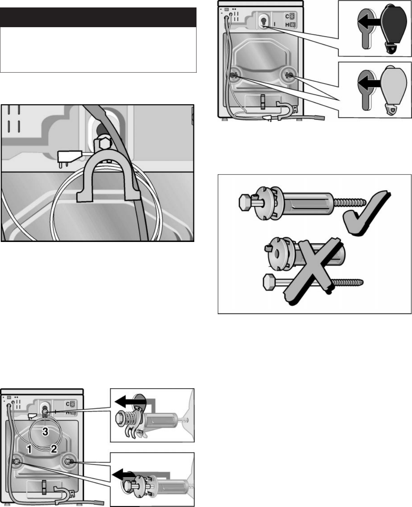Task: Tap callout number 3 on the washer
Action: click(x=45, y=431)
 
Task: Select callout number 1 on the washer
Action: click(x=29, y=449)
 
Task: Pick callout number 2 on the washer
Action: click(x=54, y=449)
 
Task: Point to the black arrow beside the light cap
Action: click(x=370, y=83)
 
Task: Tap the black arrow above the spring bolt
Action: click(x=130, y=402)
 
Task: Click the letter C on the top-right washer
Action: click(x=287, y=16)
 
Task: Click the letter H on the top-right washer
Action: click(x=287, y=25)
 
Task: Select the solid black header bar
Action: click(x=98, y=17)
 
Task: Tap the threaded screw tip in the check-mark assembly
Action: click(x=350, y=203)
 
